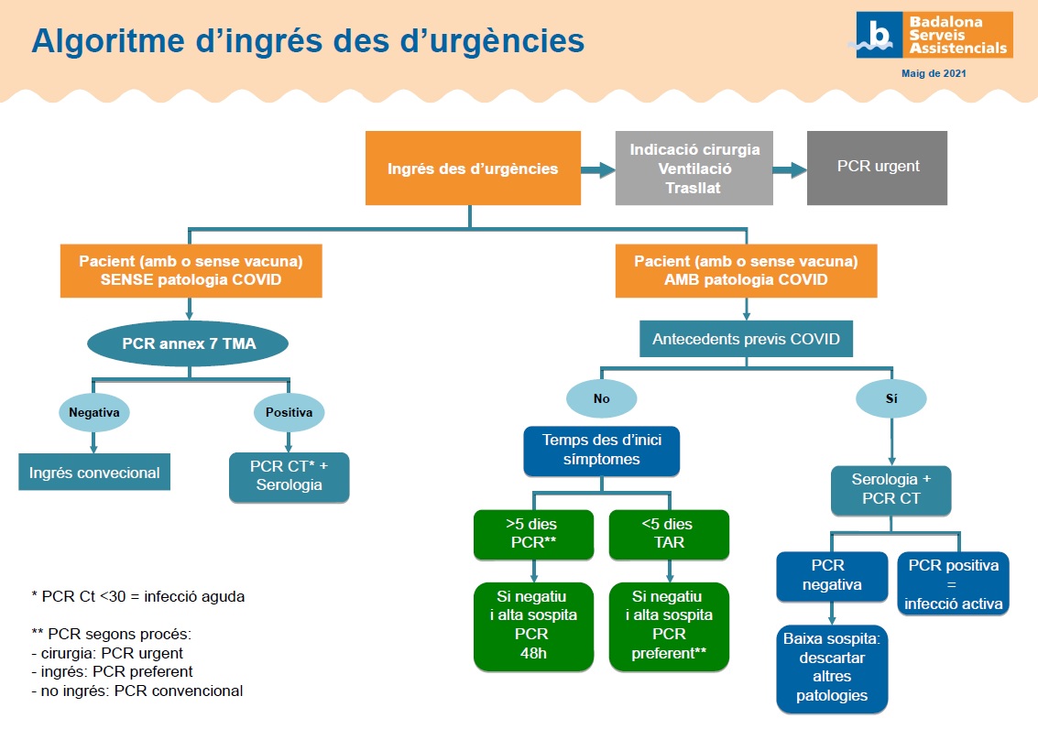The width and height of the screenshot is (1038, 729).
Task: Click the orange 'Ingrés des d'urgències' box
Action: [x=473, y=168]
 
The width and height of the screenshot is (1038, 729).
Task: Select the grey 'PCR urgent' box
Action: [x=877, y=168]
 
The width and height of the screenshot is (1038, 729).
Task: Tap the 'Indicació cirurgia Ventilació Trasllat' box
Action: [x=695, y=168]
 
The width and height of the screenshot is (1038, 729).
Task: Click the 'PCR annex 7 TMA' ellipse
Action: [x=188, y=345]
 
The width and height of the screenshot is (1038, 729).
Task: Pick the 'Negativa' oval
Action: [x=94, y=413]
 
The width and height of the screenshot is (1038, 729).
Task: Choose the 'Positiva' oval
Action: [x=289, y=413]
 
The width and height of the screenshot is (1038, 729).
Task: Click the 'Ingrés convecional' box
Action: [x=94, y=473]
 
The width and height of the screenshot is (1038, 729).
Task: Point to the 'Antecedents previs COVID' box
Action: [x=746, y=339]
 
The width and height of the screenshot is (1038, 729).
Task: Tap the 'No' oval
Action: [x=601, y=398]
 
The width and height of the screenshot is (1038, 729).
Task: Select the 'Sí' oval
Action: [x=890, y=398]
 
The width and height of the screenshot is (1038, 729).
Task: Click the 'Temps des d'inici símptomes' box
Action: [x=601, y=450]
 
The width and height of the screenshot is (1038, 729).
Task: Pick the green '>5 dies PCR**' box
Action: [x=531, y=534]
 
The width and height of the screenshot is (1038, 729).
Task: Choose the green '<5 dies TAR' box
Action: [x=669, y=534]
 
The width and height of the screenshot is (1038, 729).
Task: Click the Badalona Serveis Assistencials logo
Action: [x=934, y=35]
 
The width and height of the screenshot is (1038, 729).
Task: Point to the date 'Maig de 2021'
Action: [x=934, y=72]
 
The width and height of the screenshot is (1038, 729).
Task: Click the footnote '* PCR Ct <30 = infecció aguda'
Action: [x=138, y=596]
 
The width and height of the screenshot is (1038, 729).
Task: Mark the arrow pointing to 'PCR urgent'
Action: [x=789, y=169]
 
